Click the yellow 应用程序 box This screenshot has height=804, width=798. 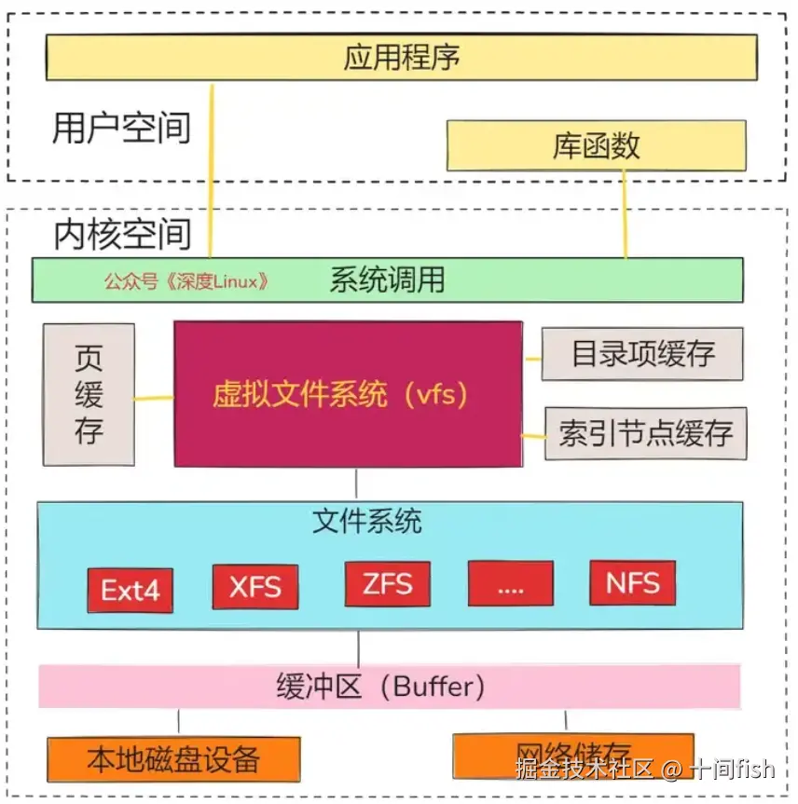pyautogui.click(x=401, y=58)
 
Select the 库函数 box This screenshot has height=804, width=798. pyautogui.click(x=597, y=145)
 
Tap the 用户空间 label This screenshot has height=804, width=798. pyautogui.click(x=121, y=128)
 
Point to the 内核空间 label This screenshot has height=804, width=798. pyautogui.click(x=121, y=233)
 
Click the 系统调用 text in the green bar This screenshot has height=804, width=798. pyautogui.click(x=387, y=279)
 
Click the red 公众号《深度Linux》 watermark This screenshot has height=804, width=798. pyautogui.click(x=186, y=281)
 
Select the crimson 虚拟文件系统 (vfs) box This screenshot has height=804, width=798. pyautogui.click(x=348, y=394)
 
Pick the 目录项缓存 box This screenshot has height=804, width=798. pyautogui.click(x=643, y=354)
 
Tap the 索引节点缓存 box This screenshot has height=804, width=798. pyautogui.click(x=646, y=433)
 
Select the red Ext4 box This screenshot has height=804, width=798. pyautogui.click(x=131, y=590)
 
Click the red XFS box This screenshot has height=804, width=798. pyautogui.click(x=255, y=587)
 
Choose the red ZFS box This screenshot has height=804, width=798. pyautogui.click(x=387, y=584)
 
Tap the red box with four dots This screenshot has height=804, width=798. pyautogui.click(x=510, y=584)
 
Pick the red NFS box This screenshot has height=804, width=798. pyautogui.click(x=633, y=583)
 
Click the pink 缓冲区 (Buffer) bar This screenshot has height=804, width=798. pyautogui.click(x=389, y=687)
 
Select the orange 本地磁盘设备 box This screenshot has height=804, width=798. pyautogui.click(x=173, y=758)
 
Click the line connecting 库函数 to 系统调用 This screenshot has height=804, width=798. pyautogui.click(x=625, y=214)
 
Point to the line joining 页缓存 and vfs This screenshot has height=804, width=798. pyautogui.click(x=154, y=399)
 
